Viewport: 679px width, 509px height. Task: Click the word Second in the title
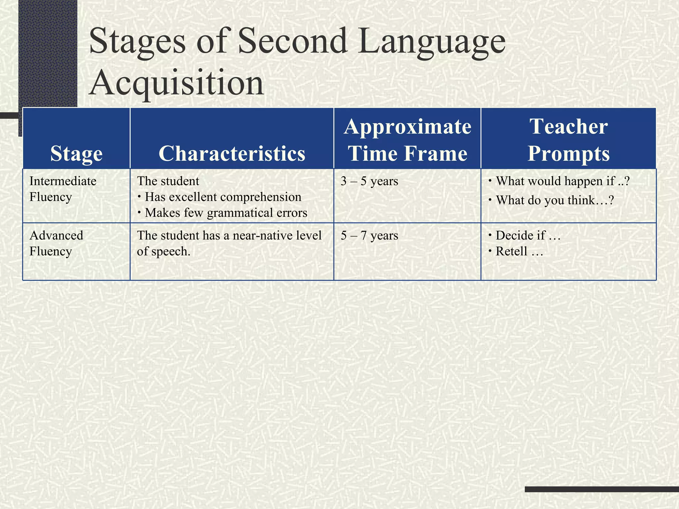tap(293, 41)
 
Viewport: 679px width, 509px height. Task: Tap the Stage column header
tap(76, 154)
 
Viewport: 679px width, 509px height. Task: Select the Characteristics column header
tap(232, 154)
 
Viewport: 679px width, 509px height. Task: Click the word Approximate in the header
tap(407, 127)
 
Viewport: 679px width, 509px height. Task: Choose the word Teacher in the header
tap(569, 127)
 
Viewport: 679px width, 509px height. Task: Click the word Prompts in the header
tap(569, 154)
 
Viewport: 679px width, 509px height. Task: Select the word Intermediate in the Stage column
tap(63, 181)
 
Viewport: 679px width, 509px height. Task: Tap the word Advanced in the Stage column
tap(56, 236)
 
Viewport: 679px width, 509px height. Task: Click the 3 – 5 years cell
tap(369, 181)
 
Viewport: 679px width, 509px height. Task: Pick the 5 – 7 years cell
tap(369, 236)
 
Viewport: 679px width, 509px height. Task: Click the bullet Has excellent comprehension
tap(223, 197)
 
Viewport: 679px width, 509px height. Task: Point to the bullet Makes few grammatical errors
tap(226, 213)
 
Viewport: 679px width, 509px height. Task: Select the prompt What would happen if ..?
tap(562, 181)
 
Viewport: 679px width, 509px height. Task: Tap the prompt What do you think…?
tap(555, 200)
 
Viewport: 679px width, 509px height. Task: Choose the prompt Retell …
tap(519, 252)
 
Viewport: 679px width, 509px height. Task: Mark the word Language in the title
tap(432, 41)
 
